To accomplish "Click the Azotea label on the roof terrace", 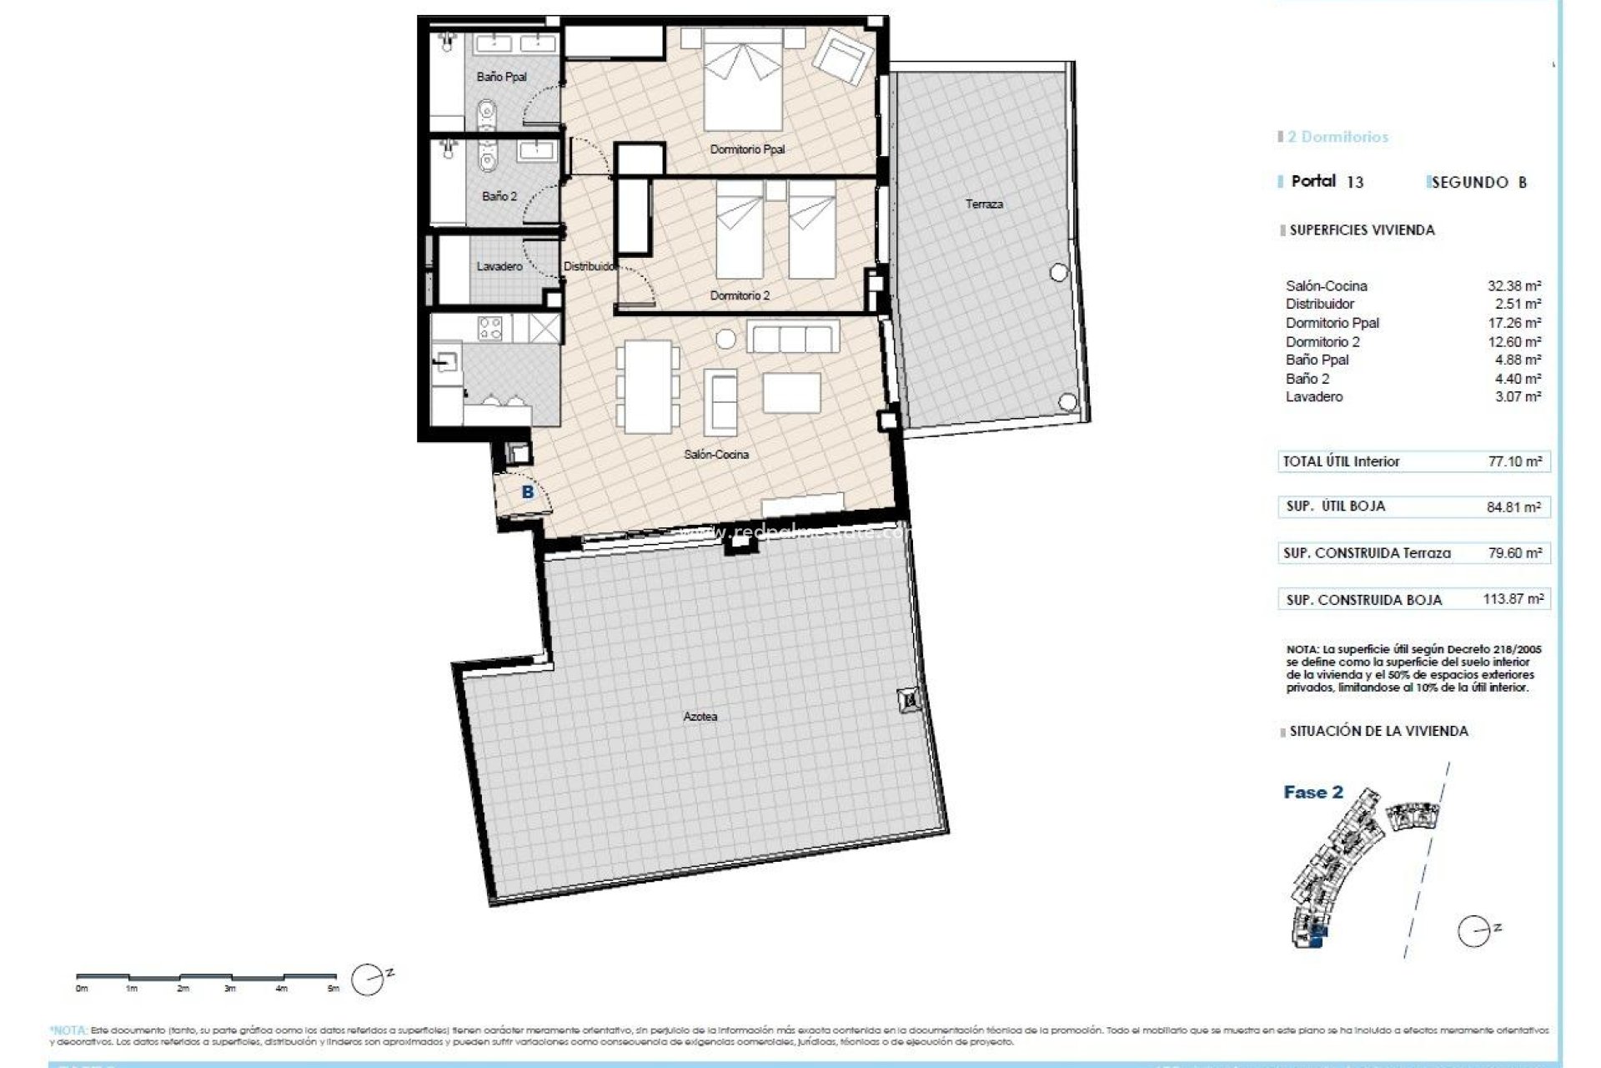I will click(x=700, y=716).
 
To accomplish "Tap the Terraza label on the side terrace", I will click(x=984, y=204).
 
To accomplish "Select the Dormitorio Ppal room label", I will click(x=747, y=149).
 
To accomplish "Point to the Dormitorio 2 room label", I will click(x=740, y=295).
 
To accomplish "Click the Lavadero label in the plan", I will click(x=499, y=266).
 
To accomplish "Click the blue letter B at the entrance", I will click(x=527, y=492).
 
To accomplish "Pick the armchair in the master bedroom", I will click(x=842, y=56).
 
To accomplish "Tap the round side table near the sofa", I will click(x=726, y=339).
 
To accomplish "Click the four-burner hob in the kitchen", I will click(x=491, y=328).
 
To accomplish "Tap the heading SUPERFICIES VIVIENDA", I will click(x=1362, y=230).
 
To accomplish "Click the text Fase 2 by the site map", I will click(x=1313, y=792).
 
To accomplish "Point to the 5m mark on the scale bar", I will click(x=334, y=989).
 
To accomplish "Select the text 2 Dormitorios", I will click(x=1338, y=137).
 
